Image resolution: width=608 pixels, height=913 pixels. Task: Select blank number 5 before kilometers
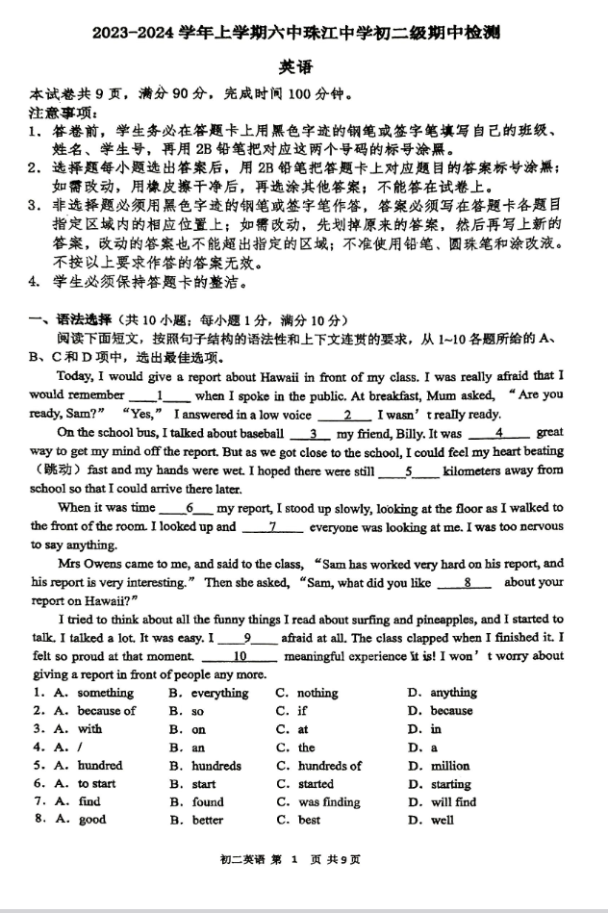409,471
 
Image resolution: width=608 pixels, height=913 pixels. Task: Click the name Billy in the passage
394,434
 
